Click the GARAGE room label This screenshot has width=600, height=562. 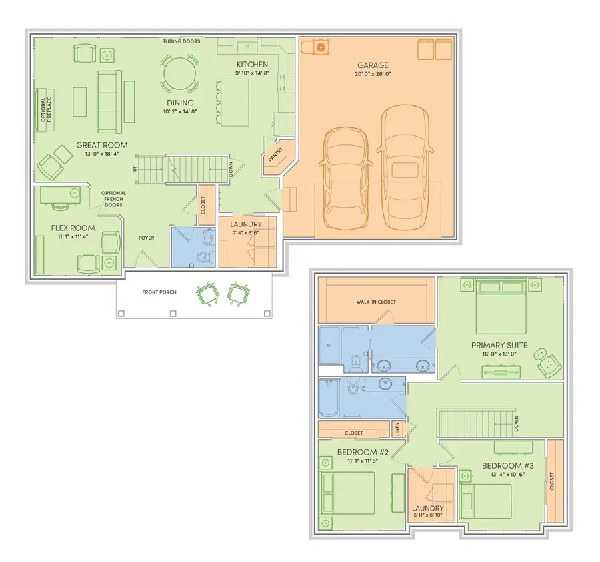tap(372, 65)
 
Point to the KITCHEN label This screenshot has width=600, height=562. tap(252, 65)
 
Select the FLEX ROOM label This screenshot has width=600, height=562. tap(73, 228)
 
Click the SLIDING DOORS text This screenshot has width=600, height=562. tap(181, 41)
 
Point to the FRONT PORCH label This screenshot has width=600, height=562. tap(159, 292)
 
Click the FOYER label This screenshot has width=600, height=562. tap(146, 237)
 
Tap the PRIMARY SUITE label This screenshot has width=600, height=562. tap(499, 345)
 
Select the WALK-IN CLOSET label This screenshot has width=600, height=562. tap(376, 302)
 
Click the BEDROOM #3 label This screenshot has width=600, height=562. tap(506, 465)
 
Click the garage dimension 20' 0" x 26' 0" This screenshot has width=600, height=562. tap(372, 75)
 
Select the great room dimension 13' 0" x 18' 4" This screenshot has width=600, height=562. tap(101, 154)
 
